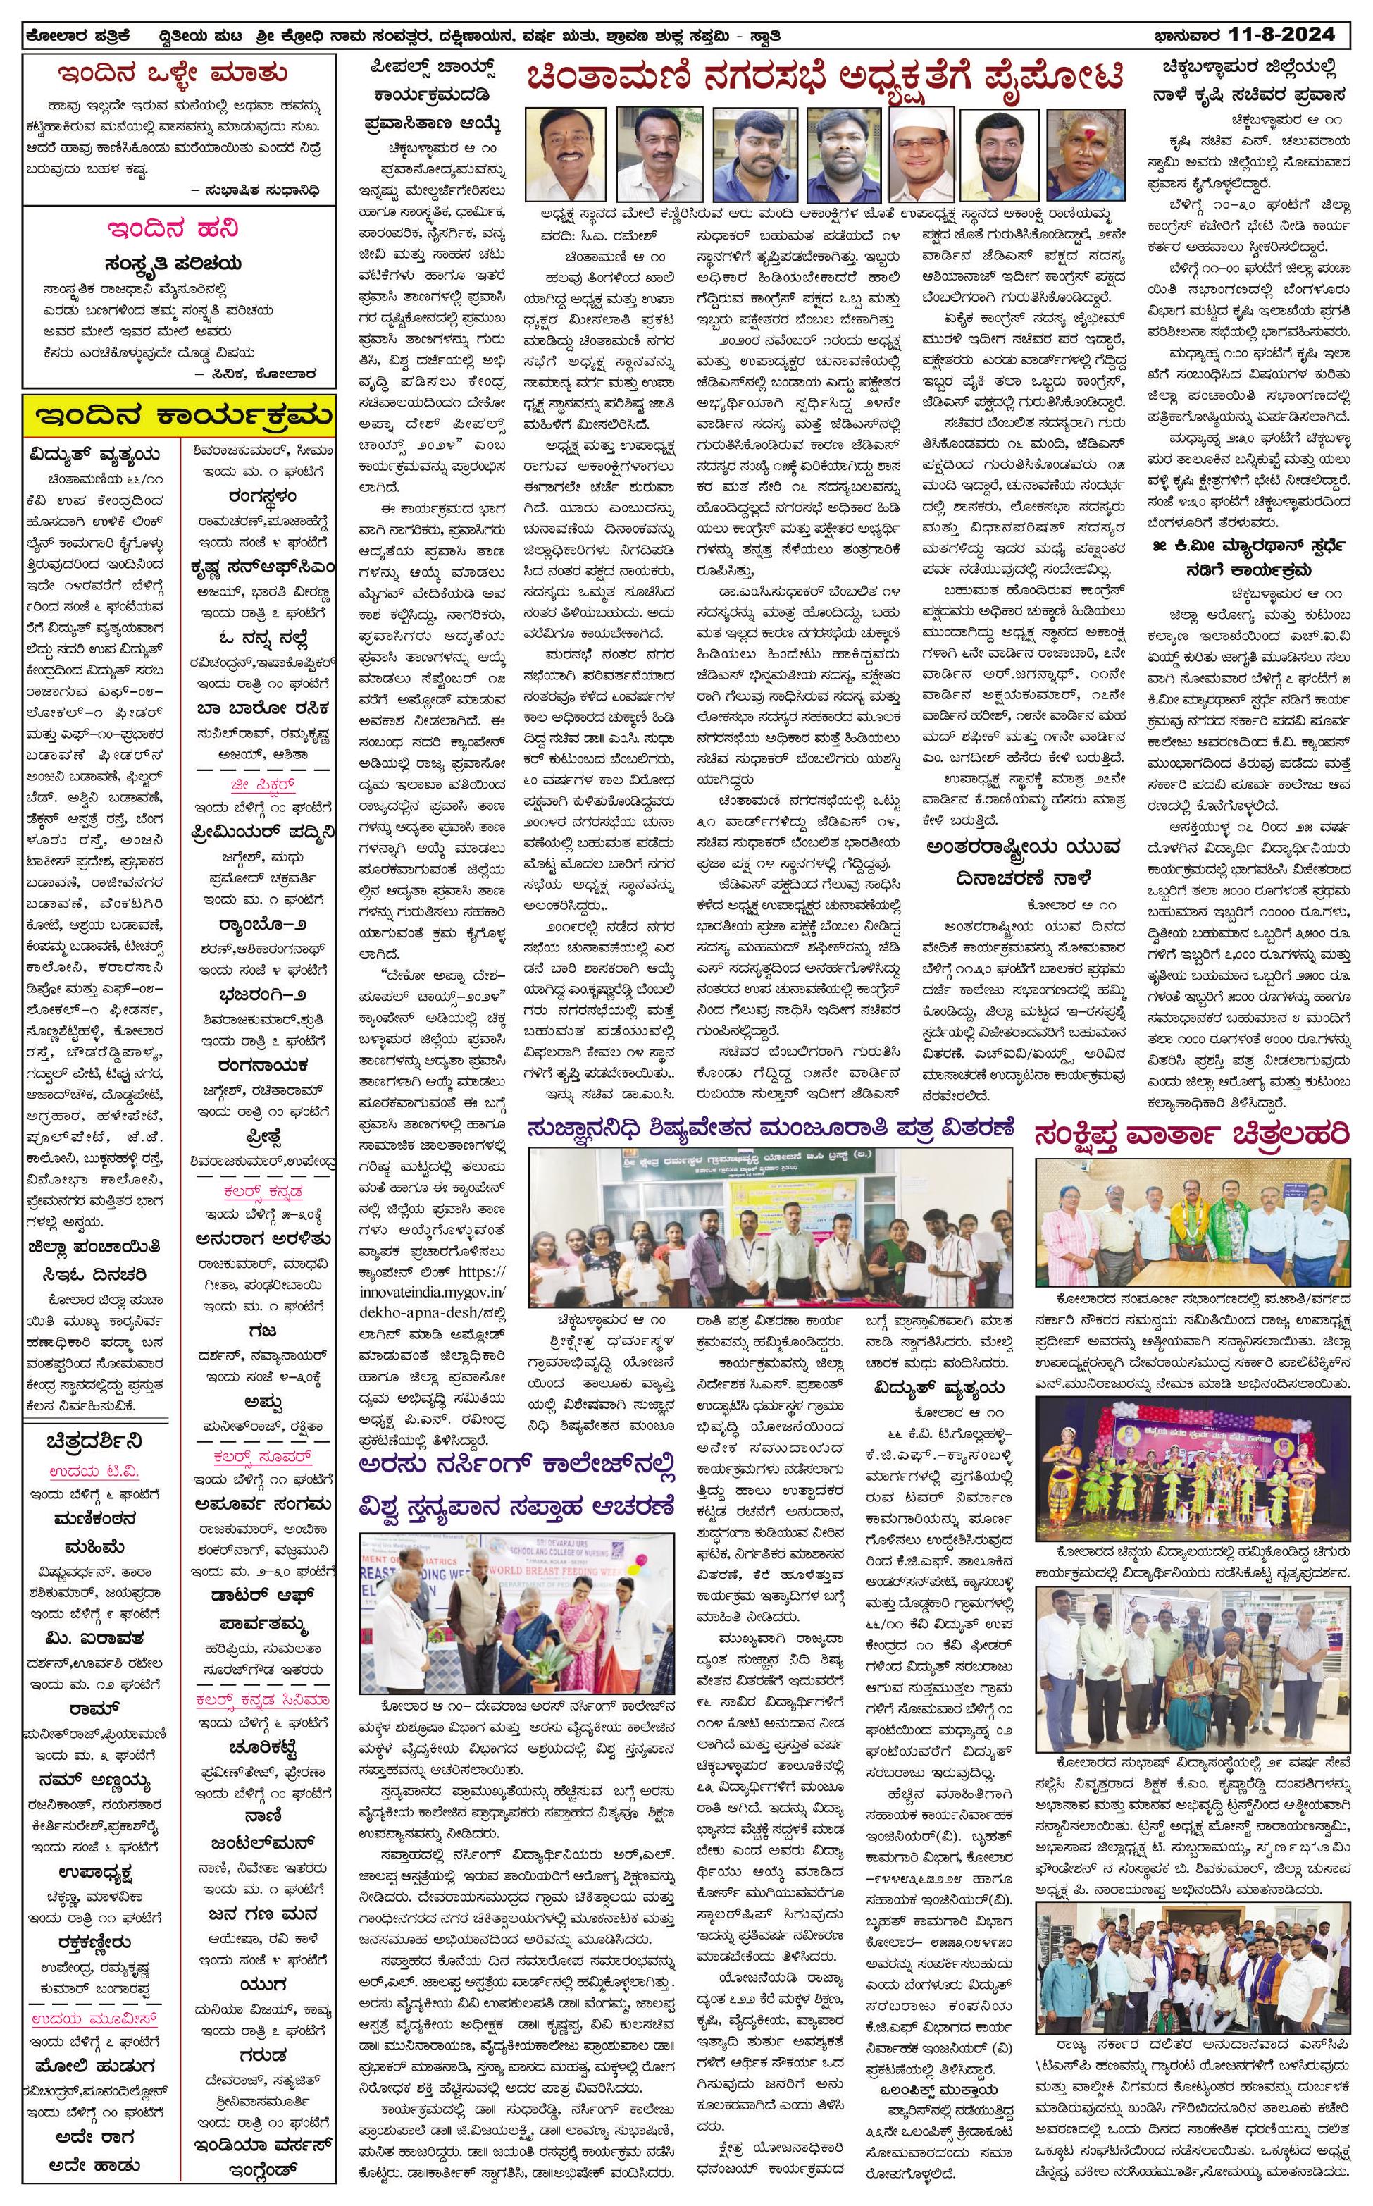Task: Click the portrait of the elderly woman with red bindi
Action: point(1083,154)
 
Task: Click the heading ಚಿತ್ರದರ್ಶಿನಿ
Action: point(94,1443)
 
